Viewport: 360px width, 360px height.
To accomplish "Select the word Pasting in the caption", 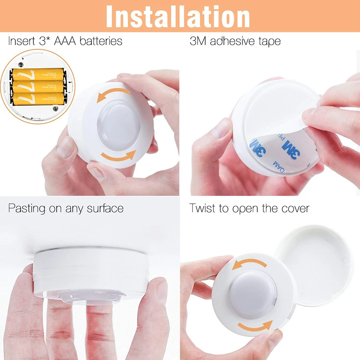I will tap(27, 208).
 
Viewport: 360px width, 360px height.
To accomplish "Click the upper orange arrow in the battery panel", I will tap(113, 94).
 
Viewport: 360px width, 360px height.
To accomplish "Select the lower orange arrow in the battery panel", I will tap(118, 156).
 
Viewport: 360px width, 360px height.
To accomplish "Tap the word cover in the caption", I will tap(295, 208).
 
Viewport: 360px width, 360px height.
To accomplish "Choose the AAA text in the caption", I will tap(65, 41).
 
